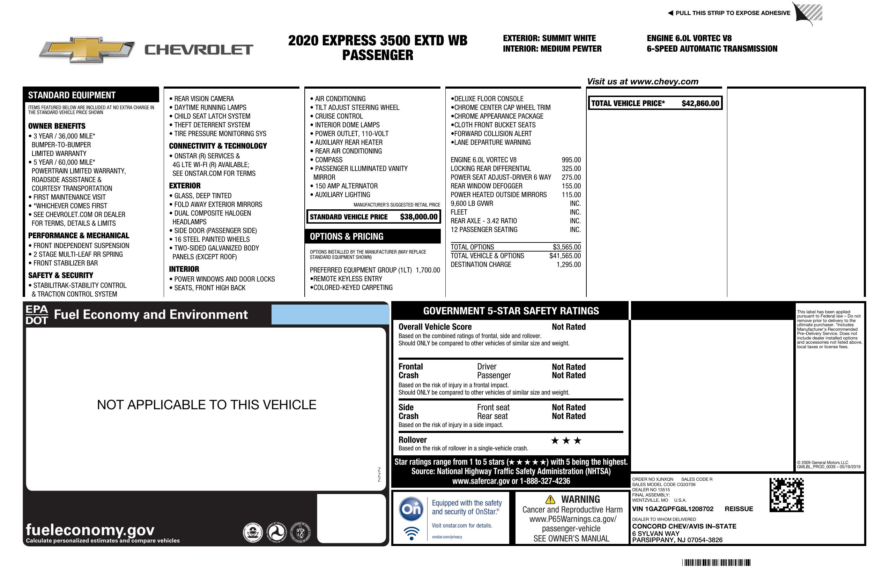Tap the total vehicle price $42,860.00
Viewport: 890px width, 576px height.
coord(700,104)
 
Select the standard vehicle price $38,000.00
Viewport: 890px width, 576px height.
coord(418,217)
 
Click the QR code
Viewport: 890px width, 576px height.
coord(786,495)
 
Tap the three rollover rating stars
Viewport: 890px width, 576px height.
coord(566,441)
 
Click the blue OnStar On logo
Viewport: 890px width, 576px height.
coord(411,509)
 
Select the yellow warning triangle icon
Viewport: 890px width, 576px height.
coord(550,499)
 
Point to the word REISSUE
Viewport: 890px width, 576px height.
coord(739,509)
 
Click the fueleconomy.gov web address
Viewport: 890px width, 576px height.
coord(90,530)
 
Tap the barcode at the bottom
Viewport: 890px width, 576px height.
coord(716,562)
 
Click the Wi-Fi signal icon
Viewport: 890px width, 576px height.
coord(411,533)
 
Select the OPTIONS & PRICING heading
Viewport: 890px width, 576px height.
coord(346,237)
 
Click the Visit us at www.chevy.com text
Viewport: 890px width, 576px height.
coord(643,82)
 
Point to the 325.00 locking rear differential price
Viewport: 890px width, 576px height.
coord(571,169)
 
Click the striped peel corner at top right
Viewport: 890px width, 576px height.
coord(809,14)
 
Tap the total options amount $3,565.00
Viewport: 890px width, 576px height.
coord(566,247)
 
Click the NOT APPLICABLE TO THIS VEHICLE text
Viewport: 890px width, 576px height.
coord(206,405)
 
